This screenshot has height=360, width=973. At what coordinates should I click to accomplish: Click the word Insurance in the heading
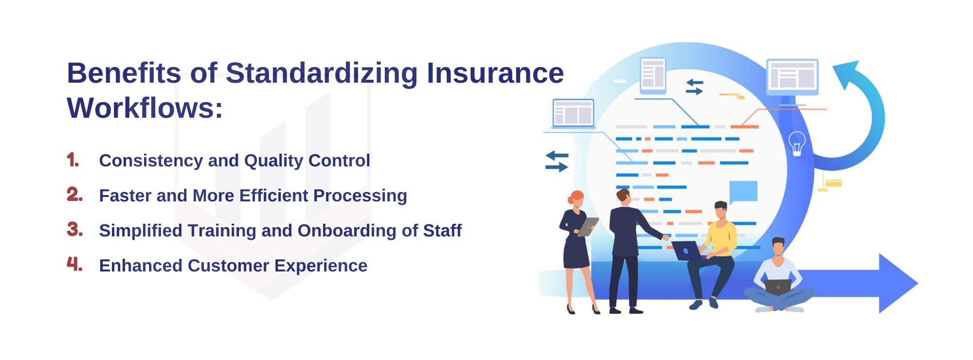click(495, 73)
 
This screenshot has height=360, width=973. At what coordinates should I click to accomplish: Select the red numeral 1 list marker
click(72, 160)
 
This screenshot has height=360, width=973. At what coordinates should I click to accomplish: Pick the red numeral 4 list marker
click(74, 264)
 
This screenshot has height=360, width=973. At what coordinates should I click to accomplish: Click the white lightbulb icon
click(797, 144)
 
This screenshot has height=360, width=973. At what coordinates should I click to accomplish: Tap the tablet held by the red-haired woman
click(587, 227)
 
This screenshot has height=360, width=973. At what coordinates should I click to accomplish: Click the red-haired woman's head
click(576, 199)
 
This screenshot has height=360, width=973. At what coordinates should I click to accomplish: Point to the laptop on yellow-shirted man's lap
click(687, 251)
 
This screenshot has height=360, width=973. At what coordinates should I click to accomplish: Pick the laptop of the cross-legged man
click(778, 287)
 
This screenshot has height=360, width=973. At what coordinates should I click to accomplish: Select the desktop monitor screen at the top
click(792, 76)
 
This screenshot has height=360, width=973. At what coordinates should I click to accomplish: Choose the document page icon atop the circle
click(653, 75)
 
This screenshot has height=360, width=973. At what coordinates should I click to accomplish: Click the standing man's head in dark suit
click(623, 197)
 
